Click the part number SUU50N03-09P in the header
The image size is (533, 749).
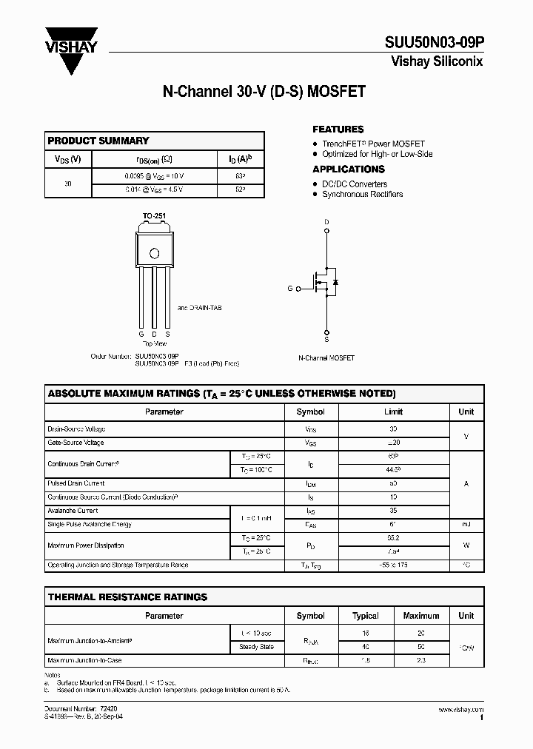(437, 42)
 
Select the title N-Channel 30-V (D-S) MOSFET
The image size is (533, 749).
(264, 93)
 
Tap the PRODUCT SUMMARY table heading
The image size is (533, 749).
(98, 141)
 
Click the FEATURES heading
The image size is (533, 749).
(338, 129)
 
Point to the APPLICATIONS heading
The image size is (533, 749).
(348, 169)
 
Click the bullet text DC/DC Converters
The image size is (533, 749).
(355, 184)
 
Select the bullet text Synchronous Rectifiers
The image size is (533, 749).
(362, 194)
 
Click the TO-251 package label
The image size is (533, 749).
(154, 216)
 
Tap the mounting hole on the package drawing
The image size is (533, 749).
(155, 253)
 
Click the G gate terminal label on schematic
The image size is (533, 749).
(290, 289)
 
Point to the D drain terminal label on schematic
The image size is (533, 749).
(326, 222)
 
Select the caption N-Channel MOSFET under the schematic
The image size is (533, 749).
(326, 357)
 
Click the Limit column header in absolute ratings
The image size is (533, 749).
(393, 412)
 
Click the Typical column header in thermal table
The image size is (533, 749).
(366, 616)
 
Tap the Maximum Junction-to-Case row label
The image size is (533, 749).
(84, 659)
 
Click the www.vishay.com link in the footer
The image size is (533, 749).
(460, 709)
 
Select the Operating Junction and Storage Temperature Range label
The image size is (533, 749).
(118, 565)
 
